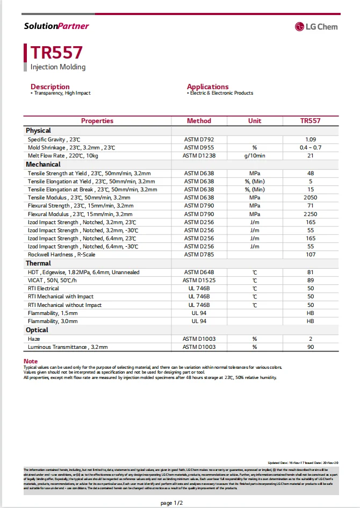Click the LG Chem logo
click(x=316, y=26)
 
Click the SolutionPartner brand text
click(x=56, y=26)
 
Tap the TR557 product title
click(x=56, y=52)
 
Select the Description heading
click(x=50, y=87)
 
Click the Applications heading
click(x=207, y=87)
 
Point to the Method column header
click(x=199, y=121)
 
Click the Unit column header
click(x=255, y=121)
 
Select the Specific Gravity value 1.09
click(x=310, y=139)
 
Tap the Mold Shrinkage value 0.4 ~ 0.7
click(x=310, y=147)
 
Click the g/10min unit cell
click(x=255, y=155)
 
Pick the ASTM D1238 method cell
click(x=199, y=155)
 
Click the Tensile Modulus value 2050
click(x=310, y=197)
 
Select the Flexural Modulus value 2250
click(x=310, y=214)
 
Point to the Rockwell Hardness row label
click(x=61, y=255)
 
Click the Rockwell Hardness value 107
click(x=310, y=255)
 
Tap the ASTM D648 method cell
click(x=199, y=272)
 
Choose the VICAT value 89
click(x=310, y=280)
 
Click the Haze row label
click(x=34, y=339)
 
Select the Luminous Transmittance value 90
click(x=310, y=347)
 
